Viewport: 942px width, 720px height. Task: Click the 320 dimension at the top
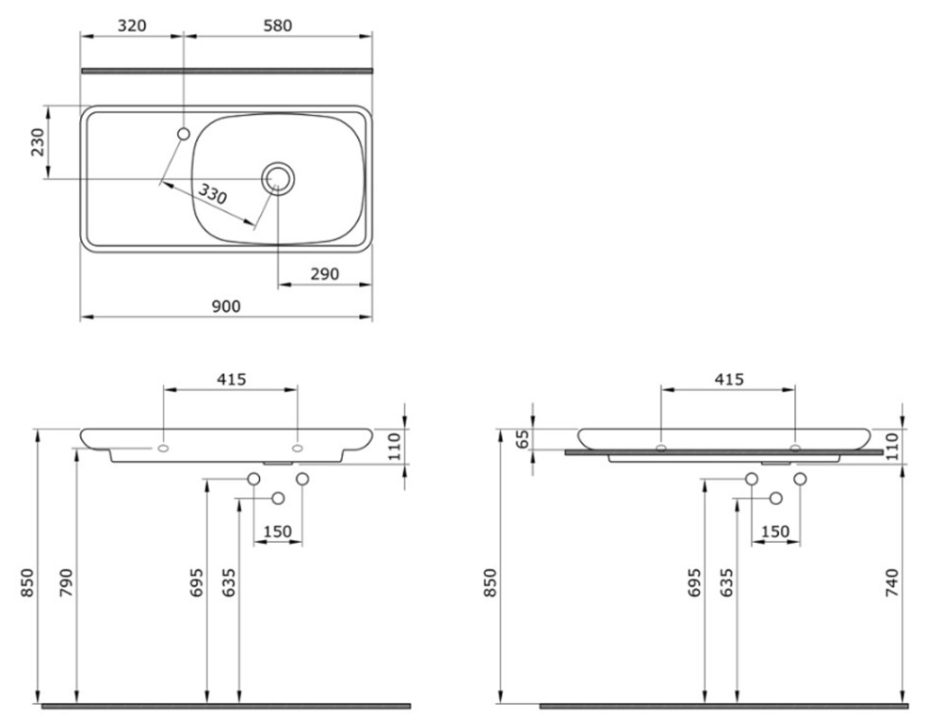coord(132,25)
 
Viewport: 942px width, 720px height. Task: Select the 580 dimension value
coord(278,25)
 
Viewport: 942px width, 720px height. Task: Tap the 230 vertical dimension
coord(38,142)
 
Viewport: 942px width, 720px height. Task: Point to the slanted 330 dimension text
coord(213,195)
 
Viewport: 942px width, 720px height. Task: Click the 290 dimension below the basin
coord(325,274)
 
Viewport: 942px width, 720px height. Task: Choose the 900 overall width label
coord(226,306)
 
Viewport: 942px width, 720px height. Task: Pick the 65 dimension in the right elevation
coord(523,439)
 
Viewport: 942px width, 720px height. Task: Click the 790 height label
coord(66,582)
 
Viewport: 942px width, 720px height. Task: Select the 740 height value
coord(891,582)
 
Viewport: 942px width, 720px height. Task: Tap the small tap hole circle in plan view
coord(184,133)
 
